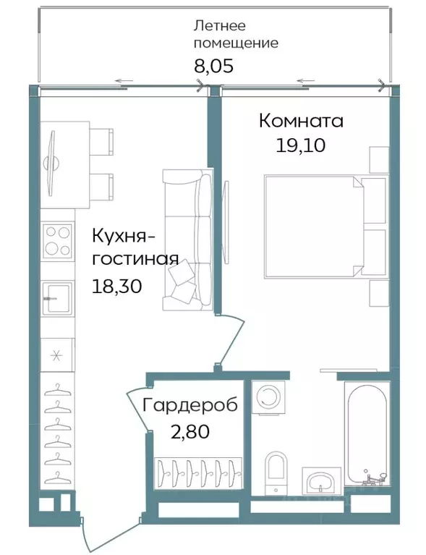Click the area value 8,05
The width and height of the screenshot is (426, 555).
click(213, 65)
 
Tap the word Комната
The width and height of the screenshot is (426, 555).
click(301, 121)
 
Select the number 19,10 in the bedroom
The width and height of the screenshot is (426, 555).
click(300, 145)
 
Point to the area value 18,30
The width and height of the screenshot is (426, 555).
click(116, 286)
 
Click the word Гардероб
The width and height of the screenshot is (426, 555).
click(189, 405)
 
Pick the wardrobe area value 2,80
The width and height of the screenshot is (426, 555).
click(190, 431)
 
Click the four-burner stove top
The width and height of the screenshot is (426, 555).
click(57, 242)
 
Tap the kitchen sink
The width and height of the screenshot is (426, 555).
click(58, 298)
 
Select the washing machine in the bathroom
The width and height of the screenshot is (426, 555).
click(269, 397)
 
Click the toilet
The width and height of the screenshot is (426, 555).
click(276, 473)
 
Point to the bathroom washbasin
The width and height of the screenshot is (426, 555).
click(321, 480)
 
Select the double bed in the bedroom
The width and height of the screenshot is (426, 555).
click(325, 226)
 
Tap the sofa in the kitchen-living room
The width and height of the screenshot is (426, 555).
click(187, 240)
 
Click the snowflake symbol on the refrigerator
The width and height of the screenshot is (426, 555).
click(56, 355)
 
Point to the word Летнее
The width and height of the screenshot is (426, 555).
click(220, 25)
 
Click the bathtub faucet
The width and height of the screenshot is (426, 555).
click(374, 478)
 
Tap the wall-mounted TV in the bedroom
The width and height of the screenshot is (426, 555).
click(226, 221)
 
